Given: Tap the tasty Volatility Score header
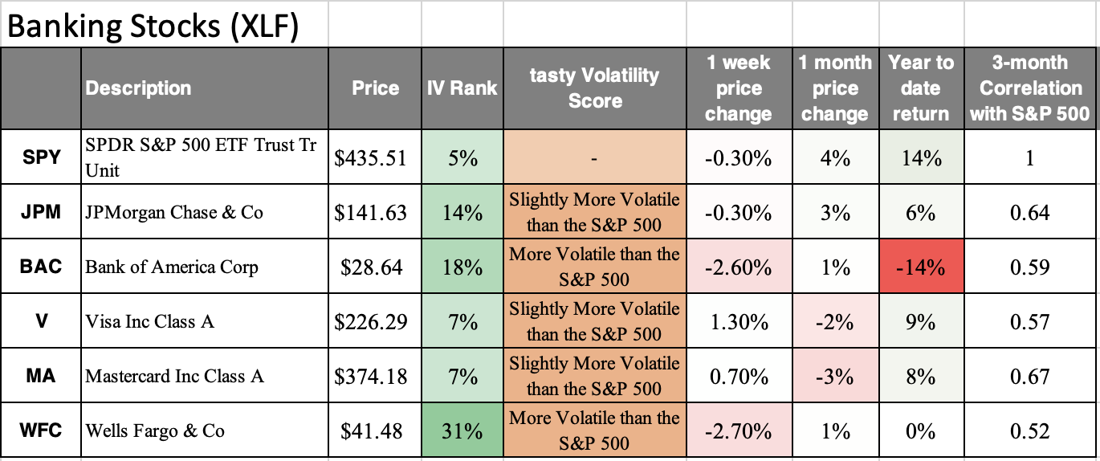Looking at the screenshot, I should (x=594, y=88).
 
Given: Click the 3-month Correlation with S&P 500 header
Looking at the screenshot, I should (x=1030, y=88).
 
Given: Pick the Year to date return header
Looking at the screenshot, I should (x=920, y=88).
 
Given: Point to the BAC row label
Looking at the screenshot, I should (x=41, y=267).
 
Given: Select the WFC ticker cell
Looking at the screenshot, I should (x=41, y=430).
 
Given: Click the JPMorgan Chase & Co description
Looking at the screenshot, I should (x=174, y=213).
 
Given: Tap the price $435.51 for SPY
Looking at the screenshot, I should (x=371, y=158).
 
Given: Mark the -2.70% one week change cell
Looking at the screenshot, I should (x=738, y=431).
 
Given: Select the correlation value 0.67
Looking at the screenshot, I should (x=1030, y=377).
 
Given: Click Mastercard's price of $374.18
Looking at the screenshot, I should (x=371, y=377).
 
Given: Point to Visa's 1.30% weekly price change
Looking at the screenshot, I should (x=738, y=322).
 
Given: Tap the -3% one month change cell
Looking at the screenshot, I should (x=834, y=377).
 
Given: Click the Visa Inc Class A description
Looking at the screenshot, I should (x=150, y=322).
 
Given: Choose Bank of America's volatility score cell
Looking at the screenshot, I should (x=594, y=267).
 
